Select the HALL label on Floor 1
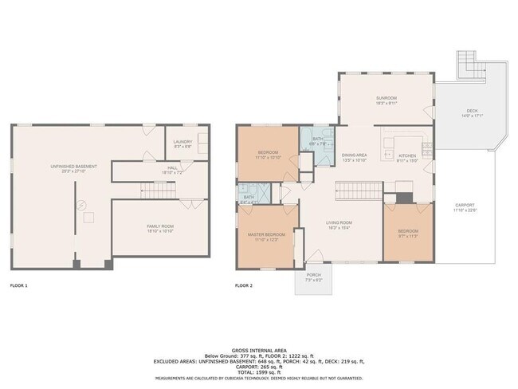click(x=172, y=167)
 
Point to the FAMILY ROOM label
click(x=160, y=226)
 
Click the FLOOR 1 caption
click(x=18, y=285)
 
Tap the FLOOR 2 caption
click(x=244, y=285)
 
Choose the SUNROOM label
click(x=386, y=97)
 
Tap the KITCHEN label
click(x=406, y=155)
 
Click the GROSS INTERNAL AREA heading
click(x=259, y=349)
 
